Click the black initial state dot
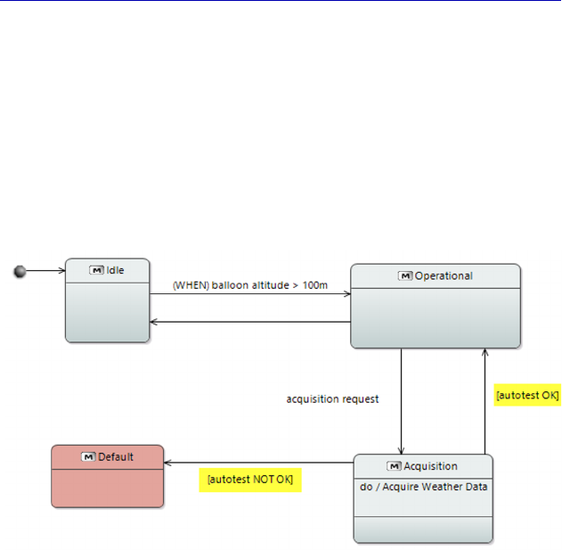tap(20, 271)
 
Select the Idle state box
tap(108, 312)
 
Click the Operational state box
tap(435, 316)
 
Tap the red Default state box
tap(108, 486)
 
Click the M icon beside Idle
tap(96, 270)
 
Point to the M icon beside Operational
tap(405, 276)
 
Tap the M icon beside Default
tap(87, 456)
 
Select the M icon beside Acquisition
tap(395, 466)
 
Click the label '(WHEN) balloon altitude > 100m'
tap(250, 285)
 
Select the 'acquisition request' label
tap(332, 399)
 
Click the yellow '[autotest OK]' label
tap(526, 395)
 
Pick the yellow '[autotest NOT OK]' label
tap(249, 480)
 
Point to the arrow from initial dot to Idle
tap(45, 270)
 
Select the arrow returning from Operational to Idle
tap(249, 322)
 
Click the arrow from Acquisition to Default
tap(258, 463)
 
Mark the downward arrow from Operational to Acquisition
tap(402, 401)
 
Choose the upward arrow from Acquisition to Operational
tap(485, 401)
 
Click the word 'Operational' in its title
tap(444, 276)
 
